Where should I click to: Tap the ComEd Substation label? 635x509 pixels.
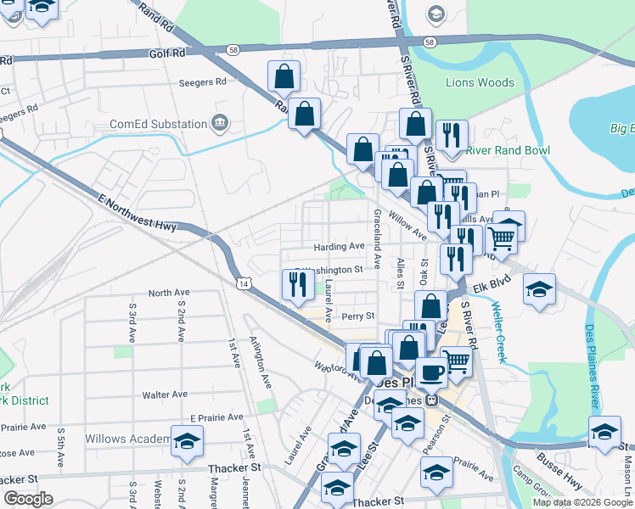[159, 124]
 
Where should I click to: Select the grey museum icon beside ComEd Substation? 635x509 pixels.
[222, 122]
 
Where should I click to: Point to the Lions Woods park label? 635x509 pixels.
[480, 83]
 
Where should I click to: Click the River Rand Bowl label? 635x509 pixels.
[508, 151]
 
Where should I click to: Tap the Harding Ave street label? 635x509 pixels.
[339, 247]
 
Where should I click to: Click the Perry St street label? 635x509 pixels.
[357, 316]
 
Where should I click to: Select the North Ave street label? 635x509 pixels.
[166, 293]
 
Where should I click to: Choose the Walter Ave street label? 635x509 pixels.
[165, 395]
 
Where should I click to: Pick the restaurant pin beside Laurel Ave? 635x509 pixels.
[297, 285]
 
